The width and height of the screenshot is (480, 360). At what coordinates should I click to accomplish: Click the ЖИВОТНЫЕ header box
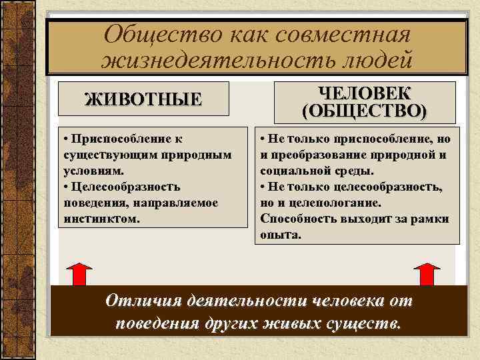tap(143, 100)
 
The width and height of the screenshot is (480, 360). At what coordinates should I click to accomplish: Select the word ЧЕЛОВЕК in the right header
tap(365, 93)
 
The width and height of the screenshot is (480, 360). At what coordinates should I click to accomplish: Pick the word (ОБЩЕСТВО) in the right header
tap(365, 110)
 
